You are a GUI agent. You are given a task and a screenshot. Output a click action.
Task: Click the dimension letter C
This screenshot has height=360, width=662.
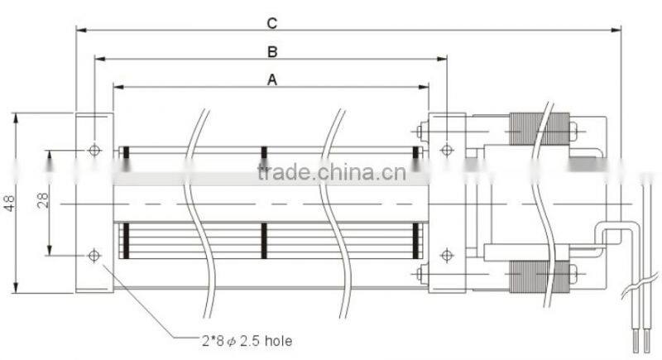tap(272, 23)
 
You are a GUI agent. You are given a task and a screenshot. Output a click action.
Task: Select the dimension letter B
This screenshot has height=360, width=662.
tap(272, 52)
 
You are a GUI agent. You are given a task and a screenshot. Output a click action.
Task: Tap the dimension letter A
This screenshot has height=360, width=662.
tap(272, 79)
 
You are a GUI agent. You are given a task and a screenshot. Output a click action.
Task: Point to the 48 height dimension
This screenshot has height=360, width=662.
tap(9, 203)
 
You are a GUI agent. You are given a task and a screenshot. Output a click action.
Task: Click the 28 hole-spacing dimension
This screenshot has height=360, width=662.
tap(43, 200)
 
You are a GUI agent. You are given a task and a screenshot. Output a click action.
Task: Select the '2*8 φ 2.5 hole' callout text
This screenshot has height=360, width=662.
tap(247, 341)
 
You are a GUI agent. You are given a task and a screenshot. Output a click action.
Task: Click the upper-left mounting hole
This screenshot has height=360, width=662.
tap(94, 151)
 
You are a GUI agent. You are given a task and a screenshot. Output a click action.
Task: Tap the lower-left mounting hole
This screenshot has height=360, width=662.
tap(94, 256)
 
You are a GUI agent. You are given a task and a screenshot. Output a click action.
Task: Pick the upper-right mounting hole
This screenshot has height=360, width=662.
tap(447, 150)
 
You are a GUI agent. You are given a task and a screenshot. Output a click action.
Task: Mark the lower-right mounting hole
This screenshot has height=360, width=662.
tap(447, 256)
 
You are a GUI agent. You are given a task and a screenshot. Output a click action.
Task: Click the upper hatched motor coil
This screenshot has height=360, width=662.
tap(540, 129)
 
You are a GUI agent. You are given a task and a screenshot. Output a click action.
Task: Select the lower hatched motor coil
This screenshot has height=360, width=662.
tap(540, 277)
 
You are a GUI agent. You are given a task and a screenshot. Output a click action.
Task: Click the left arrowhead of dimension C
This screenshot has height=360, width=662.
tap(81, 30)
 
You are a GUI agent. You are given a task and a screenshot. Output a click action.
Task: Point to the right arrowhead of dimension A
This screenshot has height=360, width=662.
tap(424, 87)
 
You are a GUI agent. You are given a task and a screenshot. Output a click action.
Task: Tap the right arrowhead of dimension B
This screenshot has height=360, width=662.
tap(442, 59)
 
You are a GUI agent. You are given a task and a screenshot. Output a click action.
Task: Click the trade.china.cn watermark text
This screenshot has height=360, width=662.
tap(332, 173)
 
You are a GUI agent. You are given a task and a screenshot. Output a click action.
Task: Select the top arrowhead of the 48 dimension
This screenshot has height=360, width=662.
tap(16, 118)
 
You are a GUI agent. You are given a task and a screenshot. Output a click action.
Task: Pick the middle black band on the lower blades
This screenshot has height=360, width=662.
tap(264, 241)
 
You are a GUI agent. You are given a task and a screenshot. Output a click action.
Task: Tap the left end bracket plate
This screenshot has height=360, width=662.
tap(94, 203)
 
